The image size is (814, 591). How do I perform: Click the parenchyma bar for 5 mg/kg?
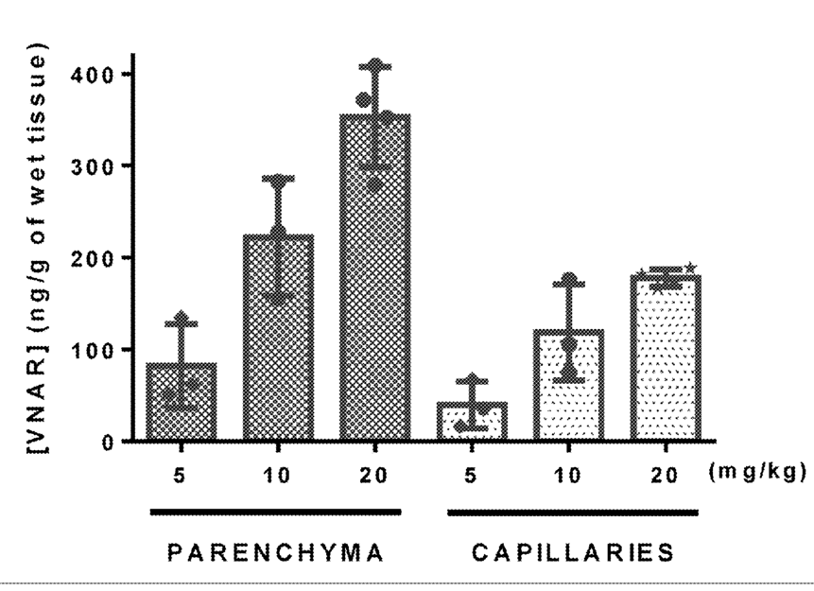tap(182, 402)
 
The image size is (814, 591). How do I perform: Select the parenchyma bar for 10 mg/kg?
tap(278, 338)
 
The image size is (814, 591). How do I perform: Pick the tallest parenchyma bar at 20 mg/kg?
tap(375, 278)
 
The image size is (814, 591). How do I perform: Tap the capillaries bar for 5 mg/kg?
tap(472, 422)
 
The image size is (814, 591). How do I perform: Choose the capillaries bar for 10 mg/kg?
tap(569, 386)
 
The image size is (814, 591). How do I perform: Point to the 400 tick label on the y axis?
tap(92, 76)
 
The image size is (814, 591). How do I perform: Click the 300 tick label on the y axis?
tap(92, 166)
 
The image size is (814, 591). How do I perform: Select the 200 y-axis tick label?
tap(92, 259)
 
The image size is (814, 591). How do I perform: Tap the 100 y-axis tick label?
tap(92, 351)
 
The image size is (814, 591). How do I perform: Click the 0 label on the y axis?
tap(107, 443)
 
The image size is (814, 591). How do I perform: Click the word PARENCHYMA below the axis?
tap(276, 552)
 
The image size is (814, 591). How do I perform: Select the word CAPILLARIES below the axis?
tap(573, 552)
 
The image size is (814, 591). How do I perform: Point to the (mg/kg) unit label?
tap(757, 472)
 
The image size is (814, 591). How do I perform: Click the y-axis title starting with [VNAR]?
tap(38, 248)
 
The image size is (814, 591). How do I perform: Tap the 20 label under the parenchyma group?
tap(373, 476)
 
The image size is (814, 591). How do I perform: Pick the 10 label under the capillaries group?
tap(568, 476)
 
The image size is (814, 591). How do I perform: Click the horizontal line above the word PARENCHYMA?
tap(276, 513)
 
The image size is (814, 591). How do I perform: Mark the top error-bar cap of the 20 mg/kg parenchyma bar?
tap(375, 67)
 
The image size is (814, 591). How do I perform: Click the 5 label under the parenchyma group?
tap(180, 476)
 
